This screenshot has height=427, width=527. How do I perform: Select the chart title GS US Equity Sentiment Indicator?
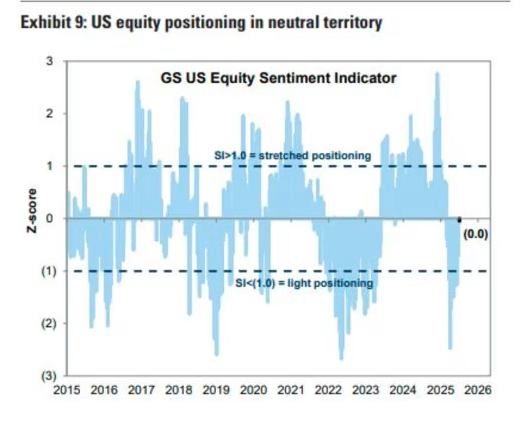tap(278, 78)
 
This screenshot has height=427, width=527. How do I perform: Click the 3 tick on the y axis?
tap(49, 61)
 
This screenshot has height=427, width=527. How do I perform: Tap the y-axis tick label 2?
tap(49, 114)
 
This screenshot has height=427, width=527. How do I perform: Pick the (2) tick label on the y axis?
tap(48, 323)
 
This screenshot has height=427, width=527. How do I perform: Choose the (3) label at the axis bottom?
tap(48, 376)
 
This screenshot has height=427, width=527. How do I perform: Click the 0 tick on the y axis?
tap(49, 218)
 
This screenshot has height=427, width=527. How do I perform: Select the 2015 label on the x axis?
tap(67, 390)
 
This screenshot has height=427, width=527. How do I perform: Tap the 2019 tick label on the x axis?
tap(217, 390)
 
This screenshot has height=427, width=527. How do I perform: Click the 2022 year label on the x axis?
tap(329, 390)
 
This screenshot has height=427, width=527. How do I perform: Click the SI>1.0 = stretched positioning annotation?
tap(292, 155)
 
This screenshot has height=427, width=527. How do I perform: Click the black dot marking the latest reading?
tap(459, 220)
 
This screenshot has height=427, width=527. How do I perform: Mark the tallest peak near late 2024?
tap(437, 74)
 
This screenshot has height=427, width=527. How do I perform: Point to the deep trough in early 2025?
tap(450, 348)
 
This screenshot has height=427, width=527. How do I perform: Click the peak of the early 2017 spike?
tap(137, 82)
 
